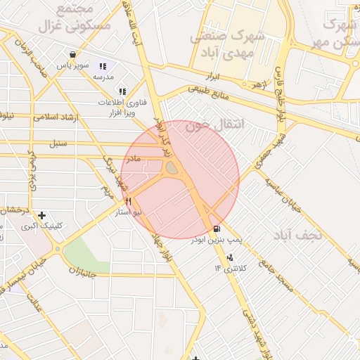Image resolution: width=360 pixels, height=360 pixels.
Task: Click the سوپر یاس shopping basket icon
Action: (72, 54)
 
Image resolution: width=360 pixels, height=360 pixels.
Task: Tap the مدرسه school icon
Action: (103, 67)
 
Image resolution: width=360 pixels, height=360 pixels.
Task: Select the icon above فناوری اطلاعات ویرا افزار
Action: (122, 91)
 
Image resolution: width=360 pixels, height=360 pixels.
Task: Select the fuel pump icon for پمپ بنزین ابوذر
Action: (215, 229)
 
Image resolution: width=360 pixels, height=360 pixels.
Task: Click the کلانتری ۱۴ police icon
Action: (230, 257)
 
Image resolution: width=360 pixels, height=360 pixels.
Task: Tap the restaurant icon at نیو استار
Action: (128, 200)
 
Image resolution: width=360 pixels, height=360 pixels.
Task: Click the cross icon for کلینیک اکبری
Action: (42, 215)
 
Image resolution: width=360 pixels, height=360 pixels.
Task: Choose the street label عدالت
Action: (34, 303)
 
